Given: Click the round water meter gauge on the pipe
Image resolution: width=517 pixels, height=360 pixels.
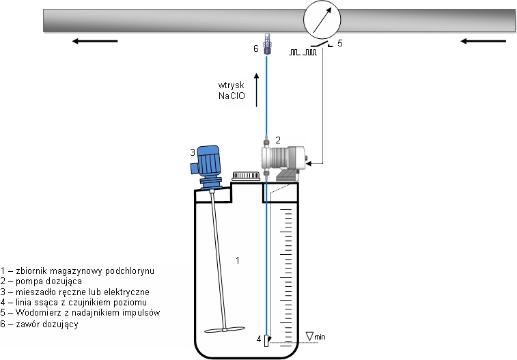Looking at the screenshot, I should click(322, 21).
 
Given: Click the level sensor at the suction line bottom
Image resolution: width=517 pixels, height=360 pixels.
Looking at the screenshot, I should click(268, 340).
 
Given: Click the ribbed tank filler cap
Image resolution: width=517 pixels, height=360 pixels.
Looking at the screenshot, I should click(244, 176).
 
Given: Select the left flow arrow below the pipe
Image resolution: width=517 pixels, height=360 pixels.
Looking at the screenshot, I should click(95, 41).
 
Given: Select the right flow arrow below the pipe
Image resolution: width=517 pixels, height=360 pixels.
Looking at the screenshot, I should click(483, 41).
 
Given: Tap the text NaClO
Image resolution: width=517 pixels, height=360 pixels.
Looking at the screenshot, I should click(231, 96).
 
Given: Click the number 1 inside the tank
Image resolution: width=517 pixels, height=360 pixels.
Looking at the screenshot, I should click(238, 260).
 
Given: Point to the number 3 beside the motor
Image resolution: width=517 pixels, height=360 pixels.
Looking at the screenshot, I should click(193, 152).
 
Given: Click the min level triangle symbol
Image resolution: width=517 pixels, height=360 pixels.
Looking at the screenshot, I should click(311, 335).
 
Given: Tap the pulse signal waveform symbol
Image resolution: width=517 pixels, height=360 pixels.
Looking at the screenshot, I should click(303, 51).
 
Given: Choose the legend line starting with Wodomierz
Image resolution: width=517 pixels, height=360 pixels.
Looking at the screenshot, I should click(80, 314).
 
